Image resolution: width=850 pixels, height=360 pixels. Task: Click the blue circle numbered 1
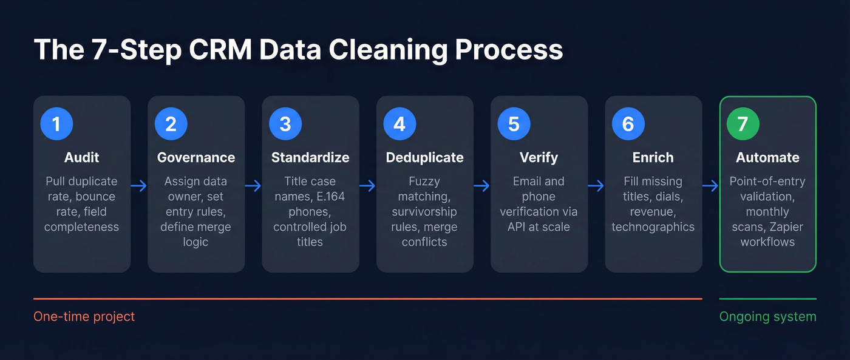click(x=56, y=124)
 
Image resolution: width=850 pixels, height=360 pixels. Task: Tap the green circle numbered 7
click(x=743, y=124)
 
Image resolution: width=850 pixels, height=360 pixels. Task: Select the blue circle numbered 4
click(x=399, y=124)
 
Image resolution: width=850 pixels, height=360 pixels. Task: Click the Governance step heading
click(x=195, y=158)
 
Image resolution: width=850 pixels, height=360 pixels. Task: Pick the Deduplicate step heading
click(x=424, y=158)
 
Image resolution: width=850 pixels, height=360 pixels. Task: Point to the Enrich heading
click(x=653, y=158)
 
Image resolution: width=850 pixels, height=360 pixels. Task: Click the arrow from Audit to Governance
click(x=139, y=185)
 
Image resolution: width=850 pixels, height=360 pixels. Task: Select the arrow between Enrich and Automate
click(x=710, y=185)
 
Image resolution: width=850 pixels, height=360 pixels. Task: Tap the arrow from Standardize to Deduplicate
click(x=368, y=185)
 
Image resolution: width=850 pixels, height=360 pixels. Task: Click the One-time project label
click(x=84, y=317)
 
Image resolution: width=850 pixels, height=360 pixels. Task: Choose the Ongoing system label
click(x=767, y=317)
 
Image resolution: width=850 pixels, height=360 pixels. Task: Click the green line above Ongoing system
click(x=767, y=299)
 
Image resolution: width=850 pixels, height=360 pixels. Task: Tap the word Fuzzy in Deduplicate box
click(x=424, y=182)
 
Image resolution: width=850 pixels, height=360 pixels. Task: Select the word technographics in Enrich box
click(x=653, y=227)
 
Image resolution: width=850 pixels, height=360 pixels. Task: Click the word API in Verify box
click(x=519, y=227)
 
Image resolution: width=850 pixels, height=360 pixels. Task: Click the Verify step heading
click(x=539, y=158)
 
